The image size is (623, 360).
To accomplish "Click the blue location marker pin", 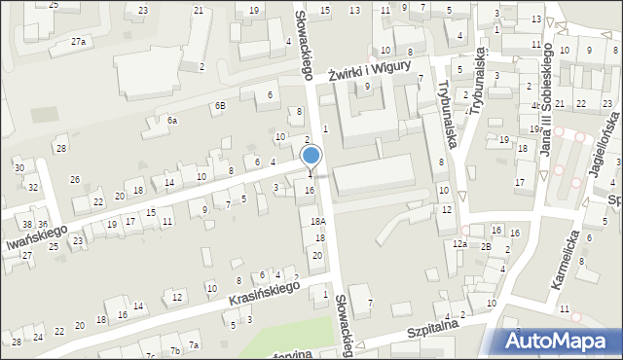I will click(x=311, y=157).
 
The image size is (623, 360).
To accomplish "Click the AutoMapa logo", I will click(x=560, y=341).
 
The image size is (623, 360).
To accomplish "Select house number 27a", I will click(x=79, y=42).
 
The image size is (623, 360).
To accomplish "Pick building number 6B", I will click(x=220, y=104).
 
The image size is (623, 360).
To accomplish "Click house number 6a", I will click(x=171, y=120).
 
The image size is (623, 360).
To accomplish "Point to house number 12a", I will click(x=459, y=243).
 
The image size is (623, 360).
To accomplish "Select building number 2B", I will click(x=486, y=246).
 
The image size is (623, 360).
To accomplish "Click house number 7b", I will click(x=175, y=349).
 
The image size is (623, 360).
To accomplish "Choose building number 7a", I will click(x=194, y=345).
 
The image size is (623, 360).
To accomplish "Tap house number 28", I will click(x=60, y=148).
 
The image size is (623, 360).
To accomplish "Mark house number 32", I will click(x=32, y=187).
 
